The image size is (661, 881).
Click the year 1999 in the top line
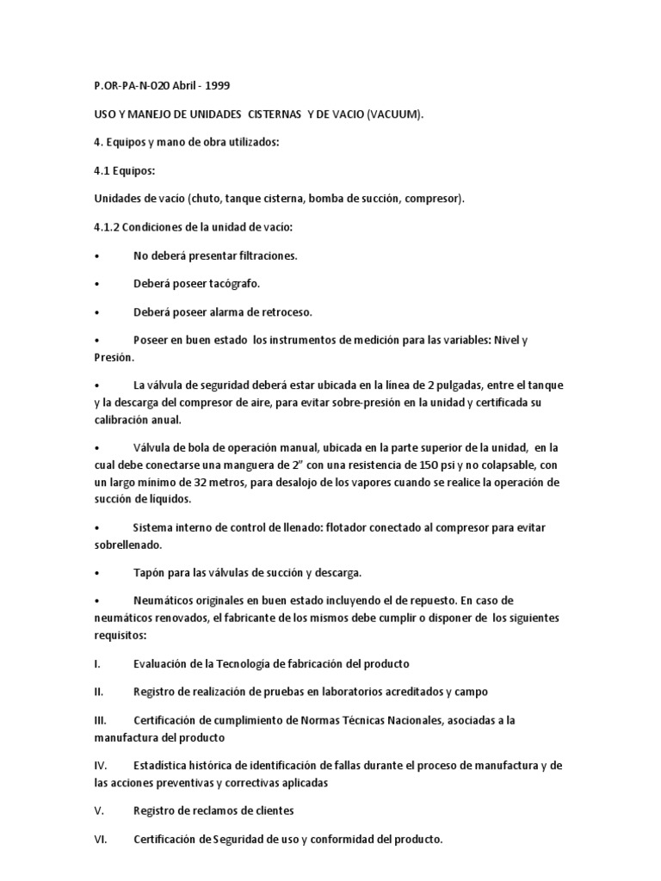[215, 86]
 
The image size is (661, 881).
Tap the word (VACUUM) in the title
[394, 114]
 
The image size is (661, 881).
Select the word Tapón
[149, 572]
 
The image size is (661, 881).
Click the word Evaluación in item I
[164, 663]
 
